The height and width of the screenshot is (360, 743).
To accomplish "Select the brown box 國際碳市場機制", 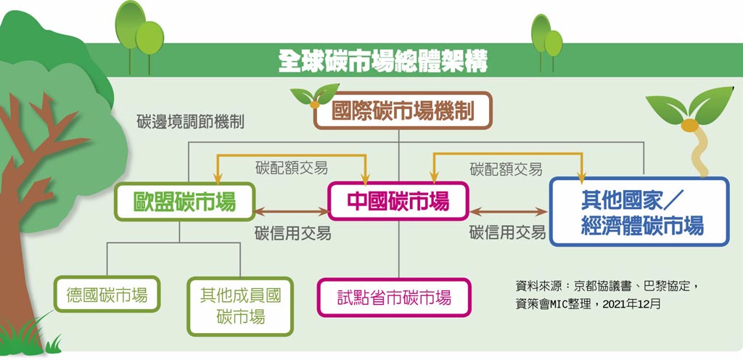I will tap(403, 112).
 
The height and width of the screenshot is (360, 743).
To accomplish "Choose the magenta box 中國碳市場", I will tap(398, 200).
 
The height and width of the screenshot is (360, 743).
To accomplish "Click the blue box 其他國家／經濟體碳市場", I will tap(639, 211).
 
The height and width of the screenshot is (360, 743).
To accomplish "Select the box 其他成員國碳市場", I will tap(240, 306).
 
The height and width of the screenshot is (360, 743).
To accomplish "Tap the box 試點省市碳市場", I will tap(394, 297).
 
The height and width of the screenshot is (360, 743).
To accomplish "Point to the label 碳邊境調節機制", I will tap(190, 121).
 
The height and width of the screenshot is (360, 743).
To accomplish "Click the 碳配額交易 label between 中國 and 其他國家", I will tap(506, 169).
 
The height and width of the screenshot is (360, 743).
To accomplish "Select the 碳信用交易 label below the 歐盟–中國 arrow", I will tap(292, 233).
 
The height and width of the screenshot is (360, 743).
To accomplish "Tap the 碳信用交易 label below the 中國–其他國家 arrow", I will tap(507, 233).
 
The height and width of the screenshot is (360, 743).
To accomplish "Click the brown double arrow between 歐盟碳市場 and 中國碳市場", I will tap(291, 212).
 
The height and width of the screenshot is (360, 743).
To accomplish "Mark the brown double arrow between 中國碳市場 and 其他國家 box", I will tap(509, 212).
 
